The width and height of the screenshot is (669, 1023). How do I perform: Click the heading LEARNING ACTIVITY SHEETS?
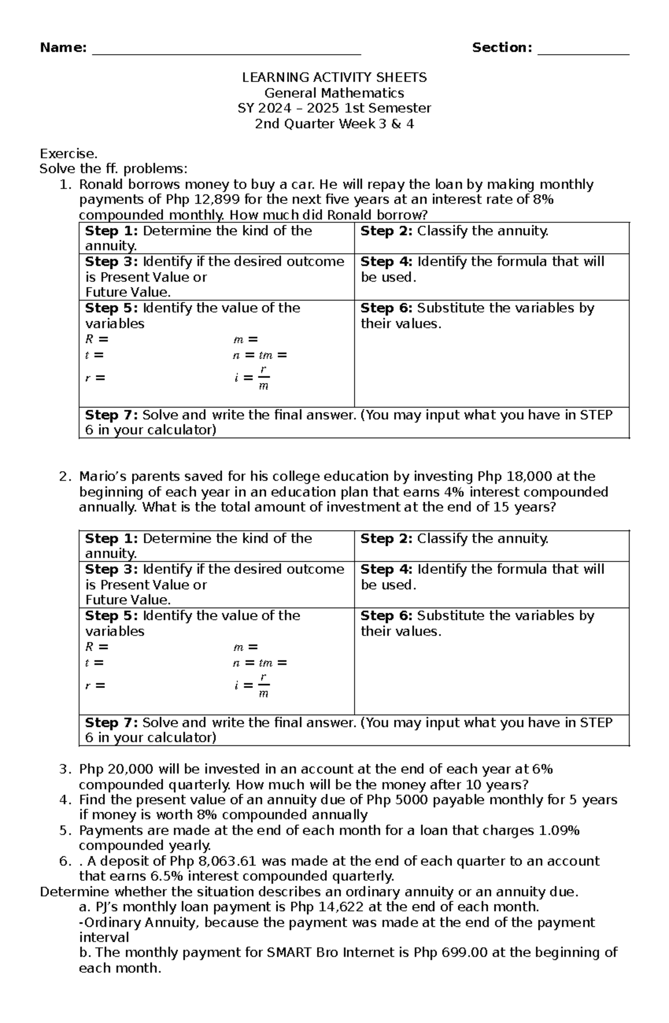tap(334, 77)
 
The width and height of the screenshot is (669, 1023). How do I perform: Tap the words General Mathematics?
tap(334, 93)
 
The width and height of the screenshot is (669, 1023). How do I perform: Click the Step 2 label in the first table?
tap(386, 231)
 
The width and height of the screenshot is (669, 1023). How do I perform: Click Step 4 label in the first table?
tap(386, 261)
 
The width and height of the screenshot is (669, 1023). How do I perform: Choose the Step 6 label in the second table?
tap(386, 615)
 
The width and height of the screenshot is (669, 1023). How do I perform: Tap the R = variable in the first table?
tap(96, 339)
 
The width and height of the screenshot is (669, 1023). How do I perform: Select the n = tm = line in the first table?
tap(260, 355)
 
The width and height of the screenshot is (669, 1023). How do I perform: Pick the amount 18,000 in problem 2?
tap(529, 476)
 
